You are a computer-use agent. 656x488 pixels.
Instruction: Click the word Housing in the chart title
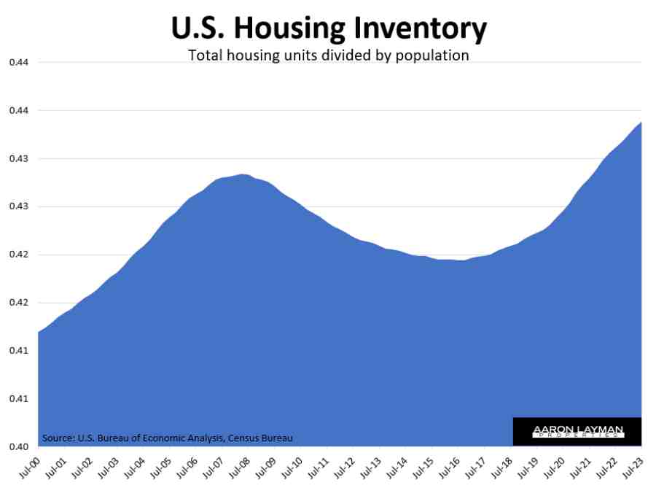289,28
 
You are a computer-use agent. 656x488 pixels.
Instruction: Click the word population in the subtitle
432,55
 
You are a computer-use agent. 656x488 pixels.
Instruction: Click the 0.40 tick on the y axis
18,446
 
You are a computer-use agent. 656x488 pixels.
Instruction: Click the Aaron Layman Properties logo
577,432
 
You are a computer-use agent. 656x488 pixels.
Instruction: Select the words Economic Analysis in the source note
186,438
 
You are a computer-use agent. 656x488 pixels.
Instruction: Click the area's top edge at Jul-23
641,123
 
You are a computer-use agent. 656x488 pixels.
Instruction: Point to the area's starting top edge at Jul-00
39,333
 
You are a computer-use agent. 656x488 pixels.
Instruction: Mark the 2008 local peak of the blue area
243,174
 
